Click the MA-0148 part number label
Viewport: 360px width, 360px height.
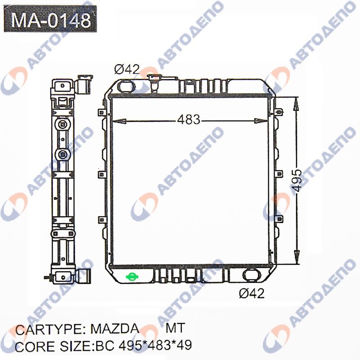pos(50,19)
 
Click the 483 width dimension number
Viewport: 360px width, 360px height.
pos(189,119)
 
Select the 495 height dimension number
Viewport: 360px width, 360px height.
pos(297,180)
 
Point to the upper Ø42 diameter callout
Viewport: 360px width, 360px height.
pos(127,69)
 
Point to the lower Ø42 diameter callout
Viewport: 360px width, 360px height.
pos(252,293)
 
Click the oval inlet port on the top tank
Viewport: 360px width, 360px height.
pos(126,86)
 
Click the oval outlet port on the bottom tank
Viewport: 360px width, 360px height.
pos(252,275)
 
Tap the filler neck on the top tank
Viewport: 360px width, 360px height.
pos(154,82)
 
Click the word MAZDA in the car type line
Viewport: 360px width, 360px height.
pos(115,329)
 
